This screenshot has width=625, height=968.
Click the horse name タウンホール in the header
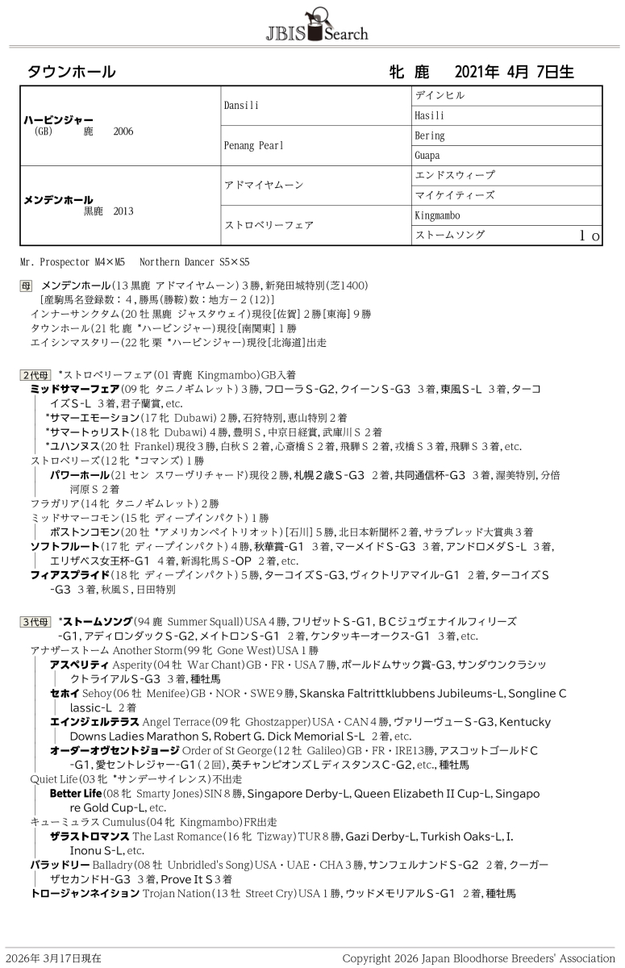pyautogui.click(x=72, y=72)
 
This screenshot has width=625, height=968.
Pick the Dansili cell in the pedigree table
pyautogui.click(x=240, y=106)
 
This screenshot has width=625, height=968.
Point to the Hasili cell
pyautogui.click(x=428, y=115)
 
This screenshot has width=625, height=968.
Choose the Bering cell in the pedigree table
pyautogui.click(x=429, y=136)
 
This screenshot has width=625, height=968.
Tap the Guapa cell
pyautogui.click(x=427, y=156)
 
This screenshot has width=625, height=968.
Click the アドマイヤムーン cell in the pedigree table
pyautogui.click(x=264, y=186)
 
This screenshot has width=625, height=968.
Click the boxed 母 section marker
pyautogui.click(x=27, y=286)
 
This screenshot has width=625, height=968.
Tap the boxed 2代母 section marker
pyautogui.click(x=35, y=375)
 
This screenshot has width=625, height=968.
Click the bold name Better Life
pyautogui.click(x=76, y=794)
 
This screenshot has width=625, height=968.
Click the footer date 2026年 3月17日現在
pyautogui.click(x=52, y=958)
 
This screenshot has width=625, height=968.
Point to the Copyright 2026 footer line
pyautogui.click(x=478, y=958)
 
